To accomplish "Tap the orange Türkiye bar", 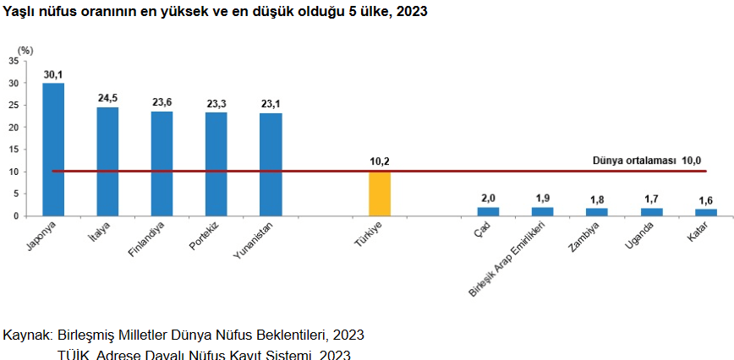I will (380, 194).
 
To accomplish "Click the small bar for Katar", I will (705, 212).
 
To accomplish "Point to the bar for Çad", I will (488, 211).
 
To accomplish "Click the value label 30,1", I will (53, 75).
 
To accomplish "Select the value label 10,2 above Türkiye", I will (380, 161).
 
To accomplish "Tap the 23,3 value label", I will (216, 104).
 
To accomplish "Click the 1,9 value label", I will (542, 198).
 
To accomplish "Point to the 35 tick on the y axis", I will (13, 61).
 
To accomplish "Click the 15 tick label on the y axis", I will (13, 150).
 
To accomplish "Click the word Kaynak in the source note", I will (27, 335).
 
